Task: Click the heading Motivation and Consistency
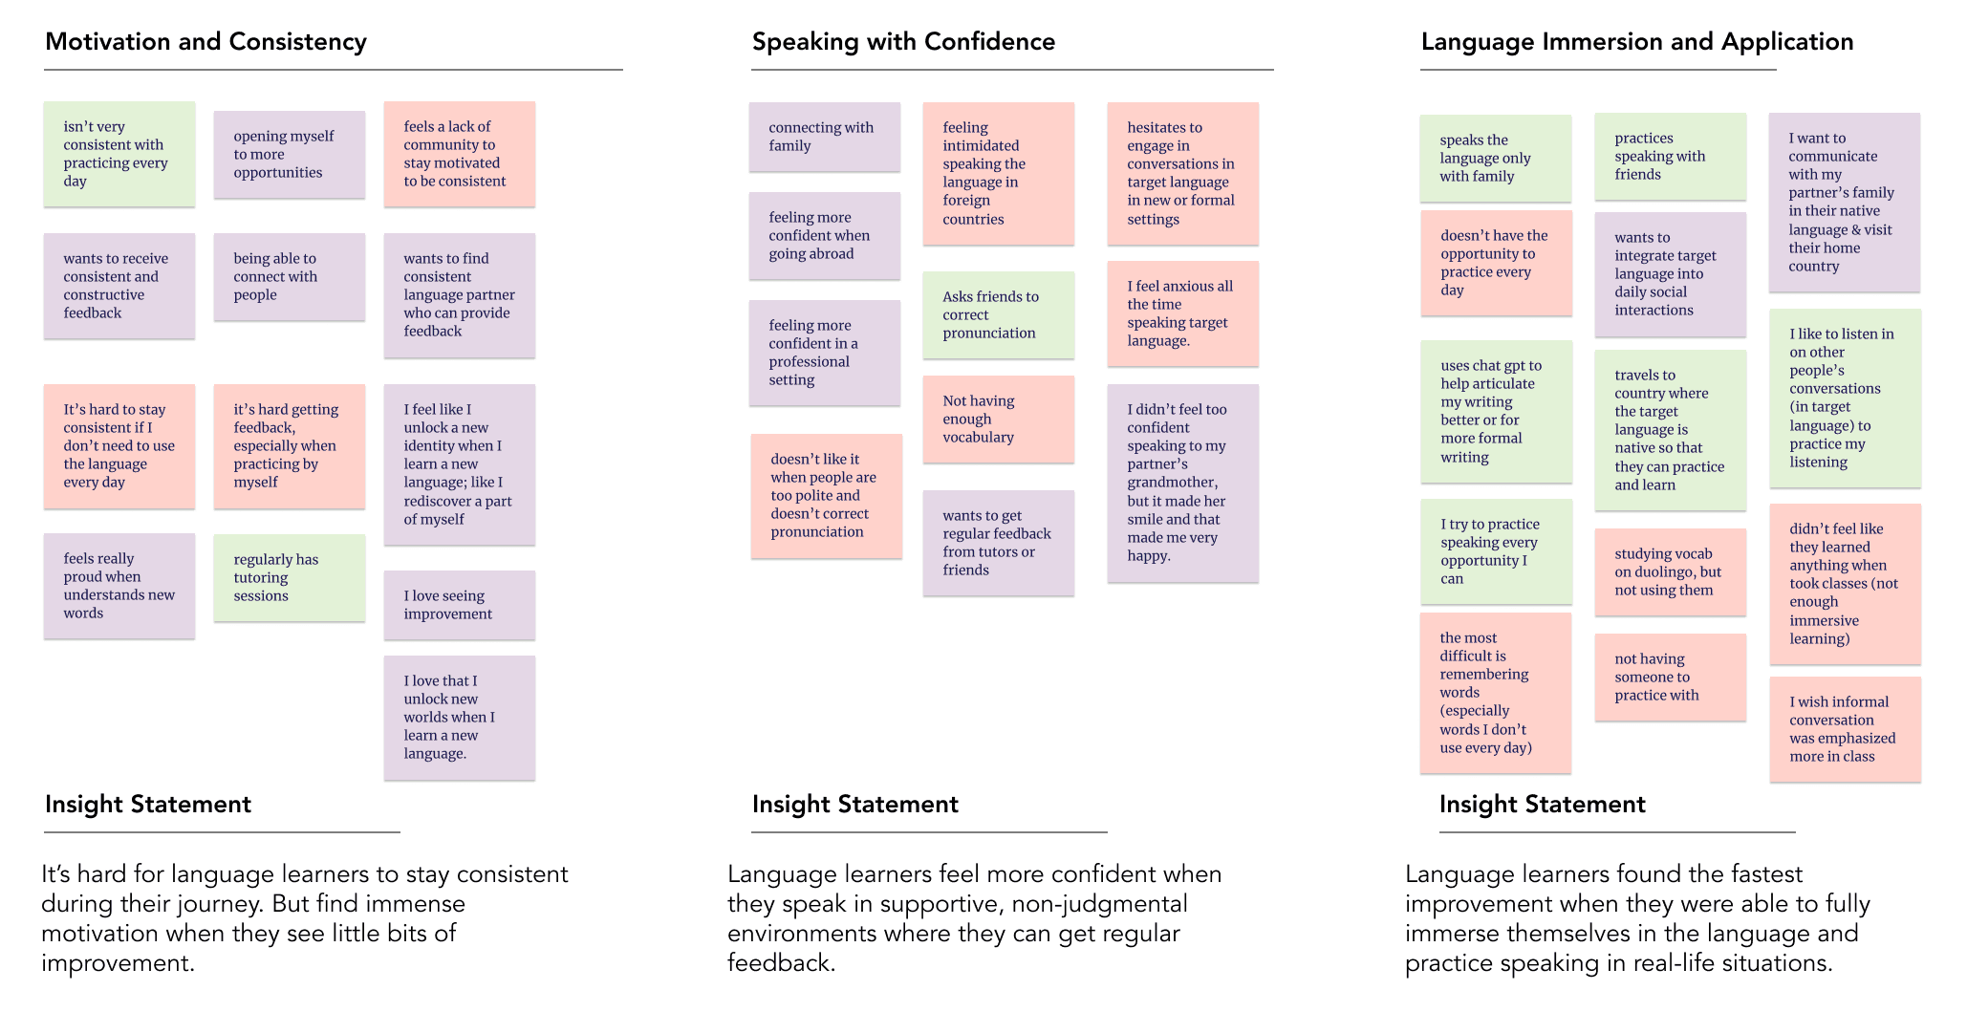click(205, 42)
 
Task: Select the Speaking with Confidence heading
click(903, 42)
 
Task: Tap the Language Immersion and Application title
click(1636, 42)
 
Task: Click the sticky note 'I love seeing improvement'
click(459, 605)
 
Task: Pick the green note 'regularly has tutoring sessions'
click(289, 578)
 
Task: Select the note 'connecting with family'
click(824, 137)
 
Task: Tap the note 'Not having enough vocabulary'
click(998, 420)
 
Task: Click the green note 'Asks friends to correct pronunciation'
click(998, 315)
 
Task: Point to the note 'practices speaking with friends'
click(1670, 157)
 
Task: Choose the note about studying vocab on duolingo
click(1670, 572)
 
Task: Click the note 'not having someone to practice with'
click(1670, 678)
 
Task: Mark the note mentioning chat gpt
click(1495, 412)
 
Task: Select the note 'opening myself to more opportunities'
click(289, 155)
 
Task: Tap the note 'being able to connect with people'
click(289, 277)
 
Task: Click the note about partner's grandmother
click(1182, 483)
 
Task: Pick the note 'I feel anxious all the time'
click(1182, 313)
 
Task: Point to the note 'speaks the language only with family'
click(1495, 159)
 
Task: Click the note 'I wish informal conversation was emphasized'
click(1844, 729)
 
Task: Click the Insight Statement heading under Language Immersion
click(1542, 805)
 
